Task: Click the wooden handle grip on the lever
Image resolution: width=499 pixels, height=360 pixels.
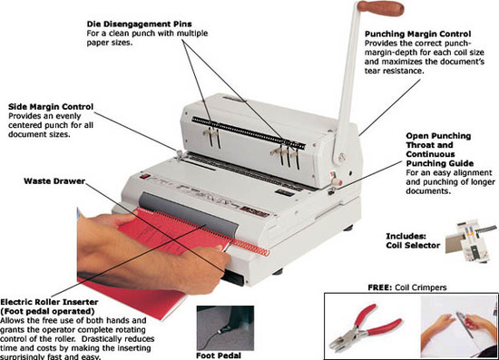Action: click(x=381, y=7)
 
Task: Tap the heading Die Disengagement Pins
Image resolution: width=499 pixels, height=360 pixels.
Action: click(x=140, y=24)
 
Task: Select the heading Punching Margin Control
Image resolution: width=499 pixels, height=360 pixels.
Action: click(x=418, y=34)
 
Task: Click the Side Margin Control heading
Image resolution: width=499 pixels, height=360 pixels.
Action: click(x=51, y=106)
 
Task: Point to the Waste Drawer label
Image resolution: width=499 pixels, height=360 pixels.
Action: click(x=54, y=181)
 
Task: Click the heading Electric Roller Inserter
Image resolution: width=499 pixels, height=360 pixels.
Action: click(x=49, y=302)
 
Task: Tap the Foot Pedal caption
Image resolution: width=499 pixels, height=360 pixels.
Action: click(x=219, y=355)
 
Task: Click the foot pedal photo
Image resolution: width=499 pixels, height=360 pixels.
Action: click(x=225, y=328)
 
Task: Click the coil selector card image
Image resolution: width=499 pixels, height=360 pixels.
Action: click(x=470, y=239)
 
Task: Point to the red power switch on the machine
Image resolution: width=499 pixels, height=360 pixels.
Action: click(x=145, y=176)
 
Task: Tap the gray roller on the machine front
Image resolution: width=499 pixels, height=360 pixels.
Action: click(x=189, y=213)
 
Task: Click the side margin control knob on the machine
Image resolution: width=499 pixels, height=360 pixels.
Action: click(x=180, y=153)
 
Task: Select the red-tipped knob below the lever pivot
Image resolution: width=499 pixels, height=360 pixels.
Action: click(x=336, y=181)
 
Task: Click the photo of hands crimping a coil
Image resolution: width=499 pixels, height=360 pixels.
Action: click(x=458, y=326)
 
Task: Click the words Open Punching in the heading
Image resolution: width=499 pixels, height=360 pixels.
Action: click(x=438, y=136)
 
